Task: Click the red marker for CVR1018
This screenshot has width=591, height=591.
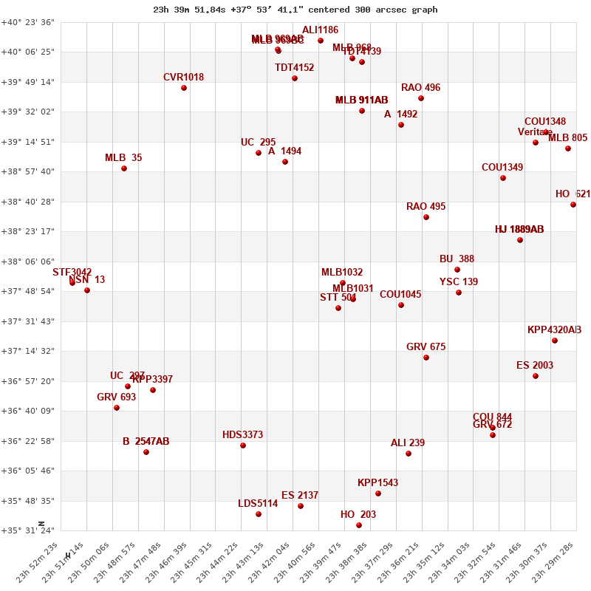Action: [184, 88]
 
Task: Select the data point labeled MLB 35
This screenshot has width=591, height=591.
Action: [124, 168]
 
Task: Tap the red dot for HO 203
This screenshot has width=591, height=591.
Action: [359, 525]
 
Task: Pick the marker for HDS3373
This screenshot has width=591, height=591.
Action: [243, 445]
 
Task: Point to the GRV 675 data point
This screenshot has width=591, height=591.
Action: [426, 358]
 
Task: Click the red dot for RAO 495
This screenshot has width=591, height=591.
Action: [426, 217]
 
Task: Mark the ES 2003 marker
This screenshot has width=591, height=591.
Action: [536, 376]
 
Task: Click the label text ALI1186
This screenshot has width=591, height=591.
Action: [320, 30]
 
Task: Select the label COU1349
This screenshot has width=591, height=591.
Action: [502, 168]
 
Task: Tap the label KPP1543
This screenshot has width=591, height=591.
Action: [378, 483]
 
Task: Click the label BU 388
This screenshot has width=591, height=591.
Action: [457, 259]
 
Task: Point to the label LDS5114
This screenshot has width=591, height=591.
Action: [258, 504]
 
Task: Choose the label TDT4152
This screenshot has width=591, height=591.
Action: [294, 68]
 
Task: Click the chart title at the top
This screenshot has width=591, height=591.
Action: [295, 10]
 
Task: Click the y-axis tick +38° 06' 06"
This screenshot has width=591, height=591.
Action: [28, 262]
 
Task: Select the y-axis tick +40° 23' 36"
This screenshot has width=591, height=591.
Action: [28, 22]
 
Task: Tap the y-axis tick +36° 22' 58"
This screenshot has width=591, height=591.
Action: [28, 441]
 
